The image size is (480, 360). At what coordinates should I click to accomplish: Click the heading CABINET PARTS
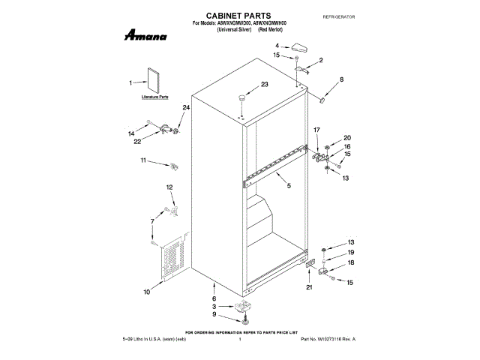[x=238, y=15]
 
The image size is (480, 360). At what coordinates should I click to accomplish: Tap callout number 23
[x=242, y=85]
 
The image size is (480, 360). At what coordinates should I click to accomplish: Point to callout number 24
[x=186, y=107]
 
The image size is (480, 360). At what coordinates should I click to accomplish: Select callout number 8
[x=341, y=79]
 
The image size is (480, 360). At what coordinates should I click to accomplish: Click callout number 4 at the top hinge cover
[x=276, y=46]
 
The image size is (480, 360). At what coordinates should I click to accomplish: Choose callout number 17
[x=316, y=130]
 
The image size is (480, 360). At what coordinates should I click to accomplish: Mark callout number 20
[x=346, y=137]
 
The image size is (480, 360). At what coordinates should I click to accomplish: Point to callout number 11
[x=143, y=160]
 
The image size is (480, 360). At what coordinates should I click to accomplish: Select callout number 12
[x=169, y=187]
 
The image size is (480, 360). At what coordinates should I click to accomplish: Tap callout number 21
[x=308, y=286]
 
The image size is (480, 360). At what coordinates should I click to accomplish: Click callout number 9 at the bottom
[x=214, y=314]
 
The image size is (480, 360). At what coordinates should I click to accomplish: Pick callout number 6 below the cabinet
[x=214, y=298]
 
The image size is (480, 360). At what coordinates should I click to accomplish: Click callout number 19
[x=349, y=252]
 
